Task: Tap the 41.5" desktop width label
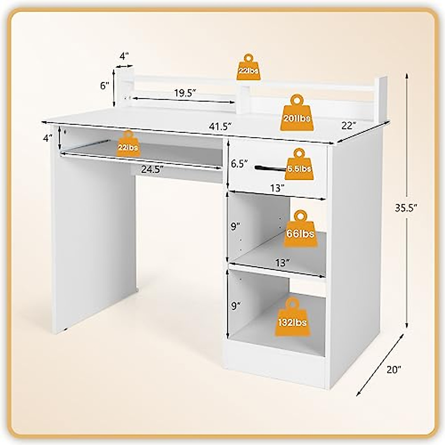tap(220, 126)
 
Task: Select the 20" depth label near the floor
tap(393, 369)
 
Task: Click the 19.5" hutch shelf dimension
tap(185, 93)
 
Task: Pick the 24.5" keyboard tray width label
tap(152, 169)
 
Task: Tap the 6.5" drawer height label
tap(239, 164)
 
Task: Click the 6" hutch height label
tap(105, 86)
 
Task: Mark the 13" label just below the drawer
tap(277, 188)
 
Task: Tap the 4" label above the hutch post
tap(124, 56)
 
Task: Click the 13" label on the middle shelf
tap(282, 263)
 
